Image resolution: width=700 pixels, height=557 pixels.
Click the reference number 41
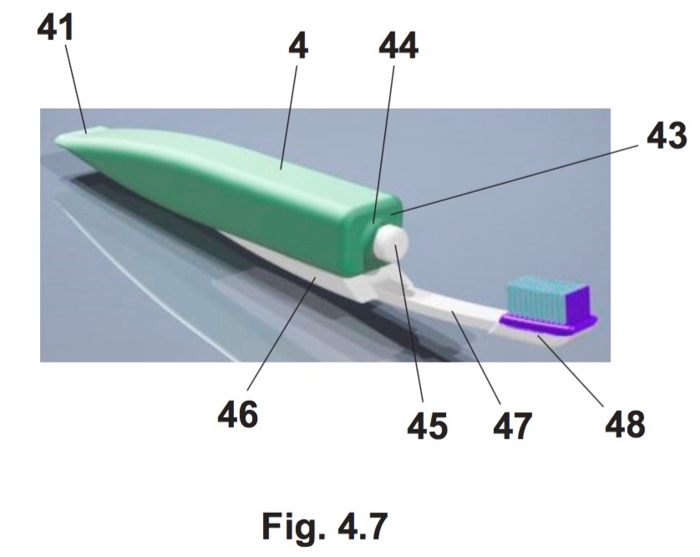tap(55, 28)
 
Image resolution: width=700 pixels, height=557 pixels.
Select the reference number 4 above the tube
tap(298, 46)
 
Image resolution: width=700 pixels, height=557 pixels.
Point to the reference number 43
tap(667, 134)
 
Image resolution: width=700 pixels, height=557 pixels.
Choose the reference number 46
tap(237, 413)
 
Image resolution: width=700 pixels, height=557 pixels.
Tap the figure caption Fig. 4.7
tap(325, 527)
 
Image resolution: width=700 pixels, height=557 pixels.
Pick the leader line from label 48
tap(571, 371)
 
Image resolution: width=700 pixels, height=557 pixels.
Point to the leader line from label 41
tap(75, 88)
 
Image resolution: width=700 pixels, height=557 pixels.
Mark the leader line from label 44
tap(383, 144)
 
